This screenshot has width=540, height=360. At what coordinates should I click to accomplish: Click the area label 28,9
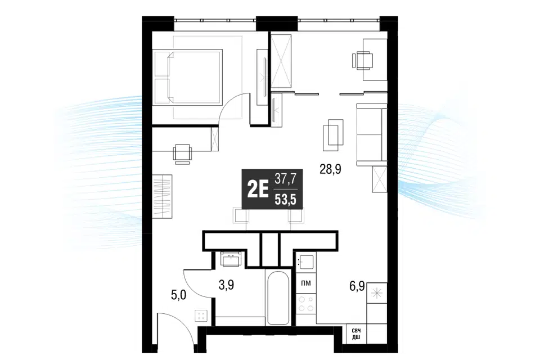(x=330, y=169)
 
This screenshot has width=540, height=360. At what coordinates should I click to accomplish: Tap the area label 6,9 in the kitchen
(x=357, y=286)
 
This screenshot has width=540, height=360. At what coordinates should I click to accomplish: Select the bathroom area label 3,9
(x=226, y=285)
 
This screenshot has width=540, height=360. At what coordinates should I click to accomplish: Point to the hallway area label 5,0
(x=179, y=295)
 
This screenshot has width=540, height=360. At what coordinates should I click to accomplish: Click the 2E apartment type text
(x=258, y=190)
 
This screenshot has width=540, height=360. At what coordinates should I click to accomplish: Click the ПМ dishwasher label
(x=305, y=283)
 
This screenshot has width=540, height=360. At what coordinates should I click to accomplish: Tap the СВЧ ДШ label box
(x=356, y=334)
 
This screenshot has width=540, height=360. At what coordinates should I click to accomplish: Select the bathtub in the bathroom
(x=278, y=298)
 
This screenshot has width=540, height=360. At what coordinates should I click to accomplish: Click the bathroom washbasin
(x=231, y=259)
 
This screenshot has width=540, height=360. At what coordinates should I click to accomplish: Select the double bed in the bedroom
(x=188, y=76)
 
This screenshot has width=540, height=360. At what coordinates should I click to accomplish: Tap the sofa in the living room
(x=371, y=134)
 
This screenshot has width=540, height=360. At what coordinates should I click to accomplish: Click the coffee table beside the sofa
(x=334, y=135)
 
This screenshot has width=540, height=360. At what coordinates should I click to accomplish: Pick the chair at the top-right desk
(x=362, y=61)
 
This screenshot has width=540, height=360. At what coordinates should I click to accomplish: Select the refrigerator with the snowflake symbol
(x=377, y=294)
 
